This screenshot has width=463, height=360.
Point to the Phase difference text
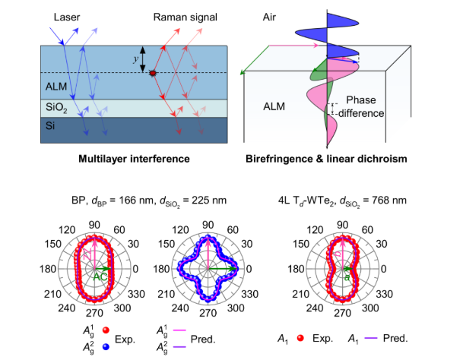click(363, 106)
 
